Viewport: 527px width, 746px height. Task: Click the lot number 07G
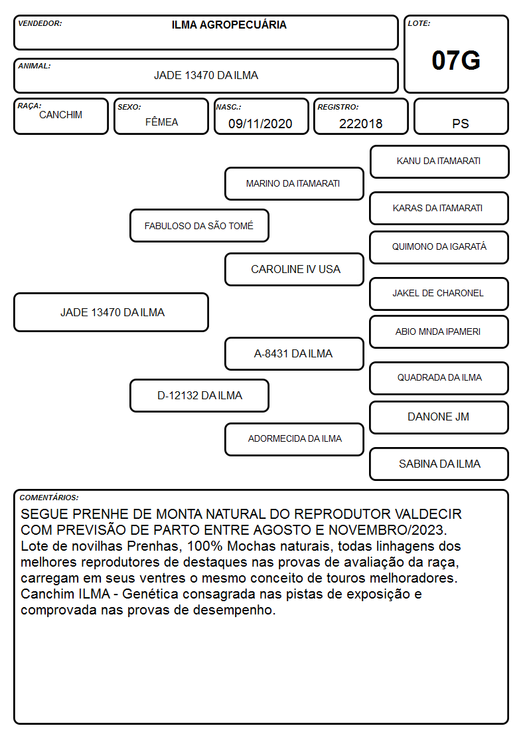coord(456,60)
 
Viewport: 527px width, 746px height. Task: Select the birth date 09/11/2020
coord(260,124)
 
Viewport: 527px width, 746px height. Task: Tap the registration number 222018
coord(360,124)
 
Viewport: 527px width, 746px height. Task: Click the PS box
coord(461,116)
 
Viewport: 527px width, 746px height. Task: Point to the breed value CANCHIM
coord(61,115)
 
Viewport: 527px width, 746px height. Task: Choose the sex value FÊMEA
coord(161,122)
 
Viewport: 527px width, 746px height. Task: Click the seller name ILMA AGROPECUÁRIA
coord(229,25)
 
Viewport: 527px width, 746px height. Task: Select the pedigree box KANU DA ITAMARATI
coord(439,162)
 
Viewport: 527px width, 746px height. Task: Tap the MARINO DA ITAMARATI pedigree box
coord(294,183)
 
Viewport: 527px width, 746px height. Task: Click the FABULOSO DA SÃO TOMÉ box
coord(199,225)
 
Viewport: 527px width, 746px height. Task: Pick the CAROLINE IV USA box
coord(294,269)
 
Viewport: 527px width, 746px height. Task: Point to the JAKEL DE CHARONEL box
coord(439,294)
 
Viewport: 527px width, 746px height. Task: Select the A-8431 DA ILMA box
coord(294,353)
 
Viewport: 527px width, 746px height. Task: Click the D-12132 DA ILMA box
coord(199,395)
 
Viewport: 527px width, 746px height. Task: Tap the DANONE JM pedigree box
coord(439,417)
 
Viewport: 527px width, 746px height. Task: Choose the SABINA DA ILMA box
coord(439,464)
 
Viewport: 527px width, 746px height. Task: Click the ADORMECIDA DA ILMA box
coord(294,439)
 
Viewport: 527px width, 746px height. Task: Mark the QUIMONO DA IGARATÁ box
coord(439,247)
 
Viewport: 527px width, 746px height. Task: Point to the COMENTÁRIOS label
coord(49,498)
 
